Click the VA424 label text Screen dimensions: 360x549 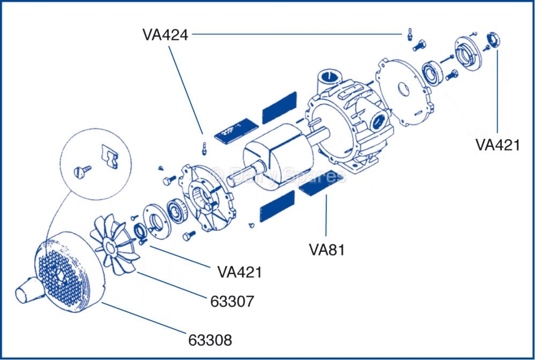pyautogui.click(x=165, y=35)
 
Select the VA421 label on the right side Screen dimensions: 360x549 pyautogui.click(x=498, y=145)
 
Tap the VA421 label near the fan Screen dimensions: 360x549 pyautogui.click(x=240, y=272)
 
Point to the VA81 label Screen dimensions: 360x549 pyautogui.click(x=326, y=249)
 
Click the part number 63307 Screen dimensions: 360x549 pyautogui.click(x=232, y=301)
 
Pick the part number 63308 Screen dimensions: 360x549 pyautogui.click(x=210, y=340)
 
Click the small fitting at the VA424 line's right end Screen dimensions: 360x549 pyautogui.click(x=409, y=34)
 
